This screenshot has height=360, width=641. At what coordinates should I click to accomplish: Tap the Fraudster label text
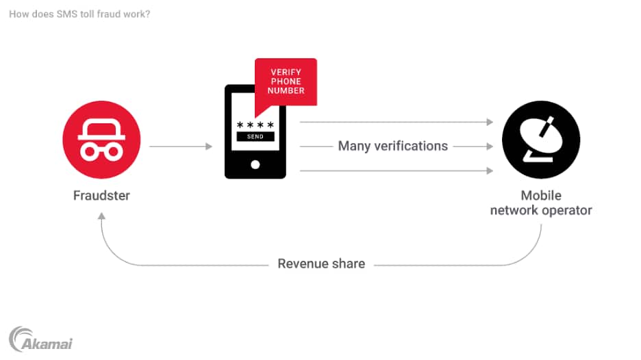tap(101, 196)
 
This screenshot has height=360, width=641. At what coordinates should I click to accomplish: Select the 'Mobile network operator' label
tap(541, 203)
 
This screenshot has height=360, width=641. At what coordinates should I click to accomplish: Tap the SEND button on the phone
tap(255, 137)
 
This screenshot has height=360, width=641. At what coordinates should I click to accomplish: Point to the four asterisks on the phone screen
tap(255, 125)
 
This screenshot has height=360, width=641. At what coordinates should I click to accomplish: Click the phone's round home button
tap(255, 164)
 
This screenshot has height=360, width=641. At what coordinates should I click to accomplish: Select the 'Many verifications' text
tap(393, 146)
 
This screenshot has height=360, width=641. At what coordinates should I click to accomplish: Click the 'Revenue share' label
tap(321, 263)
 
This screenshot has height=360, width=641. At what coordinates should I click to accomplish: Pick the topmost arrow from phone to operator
tap(397, 122)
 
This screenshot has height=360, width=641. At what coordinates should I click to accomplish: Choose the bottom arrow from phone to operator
tap(397, 171)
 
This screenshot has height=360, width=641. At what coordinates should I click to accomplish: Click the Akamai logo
tap(40, 339)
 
